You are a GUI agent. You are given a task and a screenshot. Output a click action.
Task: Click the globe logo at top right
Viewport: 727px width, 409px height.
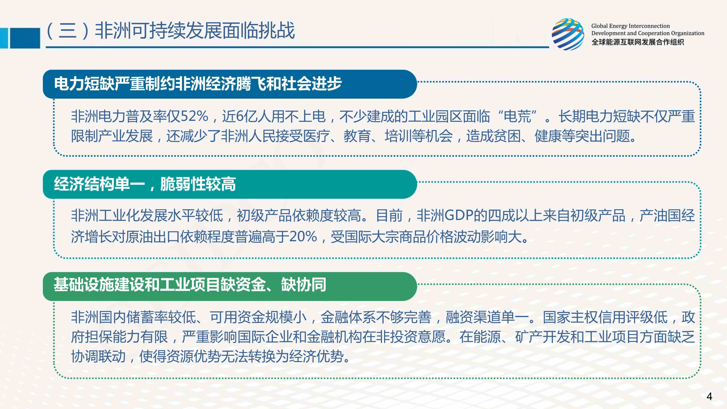[568, 34]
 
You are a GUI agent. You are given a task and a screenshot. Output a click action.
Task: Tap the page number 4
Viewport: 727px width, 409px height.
[709, 396]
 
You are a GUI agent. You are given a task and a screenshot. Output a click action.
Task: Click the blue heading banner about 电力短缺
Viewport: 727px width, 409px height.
[230, 84]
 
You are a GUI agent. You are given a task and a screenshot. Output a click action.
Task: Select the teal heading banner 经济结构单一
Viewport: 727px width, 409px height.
[230, 184]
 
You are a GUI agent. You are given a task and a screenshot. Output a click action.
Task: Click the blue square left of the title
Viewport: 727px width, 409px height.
[25, 38]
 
